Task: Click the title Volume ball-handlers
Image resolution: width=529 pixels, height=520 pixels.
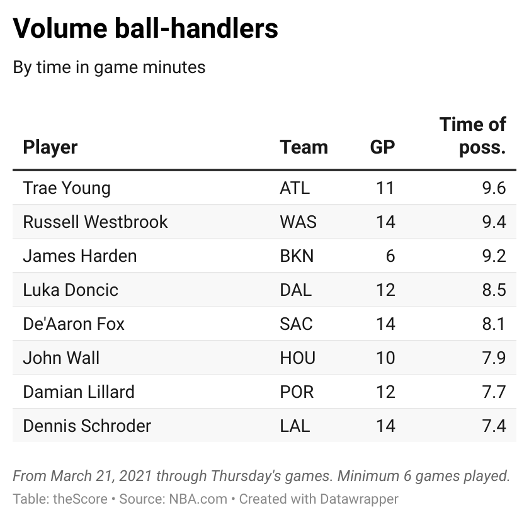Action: [x=145, y=29]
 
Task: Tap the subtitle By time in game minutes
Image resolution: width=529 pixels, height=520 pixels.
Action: [x=109, y=67]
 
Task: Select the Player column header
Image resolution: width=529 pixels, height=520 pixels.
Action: [x=50, y=147]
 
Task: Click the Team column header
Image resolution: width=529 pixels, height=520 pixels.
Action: [x=304, y=147]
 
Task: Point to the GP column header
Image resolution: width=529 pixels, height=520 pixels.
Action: [x=382, y=147]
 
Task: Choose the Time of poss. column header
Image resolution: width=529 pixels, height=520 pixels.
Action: [x=473, y=135]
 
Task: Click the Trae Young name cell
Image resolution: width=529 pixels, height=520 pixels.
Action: [x=67, y=188]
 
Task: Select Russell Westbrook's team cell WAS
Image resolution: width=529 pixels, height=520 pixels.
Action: [x=298, y=222]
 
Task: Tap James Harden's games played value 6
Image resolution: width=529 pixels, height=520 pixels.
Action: [x=390, y=256]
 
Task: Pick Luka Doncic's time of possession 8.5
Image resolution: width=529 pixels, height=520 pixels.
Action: [x=492, y=290]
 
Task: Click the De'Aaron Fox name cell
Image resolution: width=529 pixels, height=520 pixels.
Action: [x=74, y=324]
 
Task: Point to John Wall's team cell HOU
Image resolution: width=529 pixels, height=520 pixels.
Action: [x=298, y=358]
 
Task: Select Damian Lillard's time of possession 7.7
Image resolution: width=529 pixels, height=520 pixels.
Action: [x=492, y=392]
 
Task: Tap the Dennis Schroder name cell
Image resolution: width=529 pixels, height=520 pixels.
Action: [x=87, y=426]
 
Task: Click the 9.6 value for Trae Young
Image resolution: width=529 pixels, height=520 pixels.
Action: [x=492, y=188]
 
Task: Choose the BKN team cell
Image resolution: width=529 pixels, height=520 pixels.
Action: [x=297, y=256]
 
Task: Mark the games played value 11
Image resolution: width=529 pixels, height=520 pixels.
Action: [x=385, y=188]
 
